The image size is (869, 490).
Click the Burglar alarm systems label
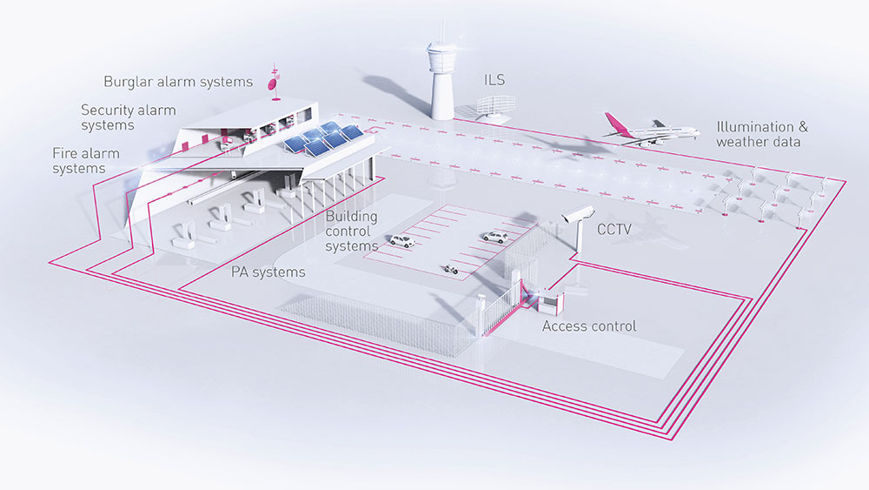[177, 83]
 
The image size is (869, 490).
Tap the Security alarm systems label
[128, 117]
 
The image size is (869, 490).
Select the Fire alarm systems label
[86, 161]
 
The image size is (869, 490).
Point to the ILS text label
[494, 81]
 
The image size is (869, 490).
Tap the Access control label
[589, 326]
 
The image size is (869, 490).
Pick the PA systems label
[268, 272]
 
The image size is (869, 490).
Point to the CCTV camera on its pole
[577, 215]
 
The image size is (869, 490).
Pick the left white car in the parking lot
[401, 240]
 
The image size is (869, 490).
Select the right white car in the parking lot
[494, 236]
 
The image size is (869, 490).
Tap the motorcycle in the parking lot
[451, 268]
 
